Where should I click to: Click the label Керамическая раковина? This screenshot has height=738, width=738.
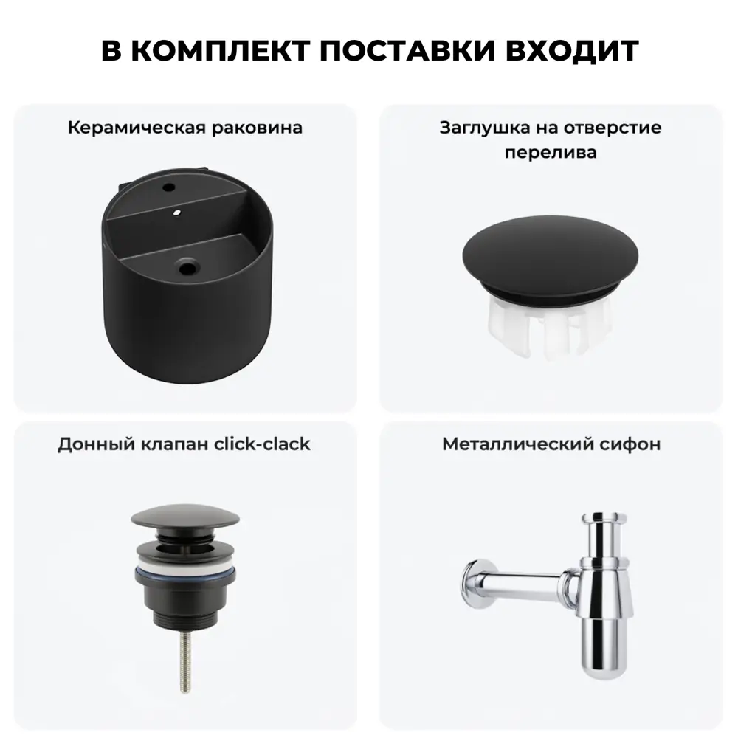[x=185, y=128]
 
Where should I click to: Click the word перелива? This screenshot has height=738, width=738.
[x=551, y=153]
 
